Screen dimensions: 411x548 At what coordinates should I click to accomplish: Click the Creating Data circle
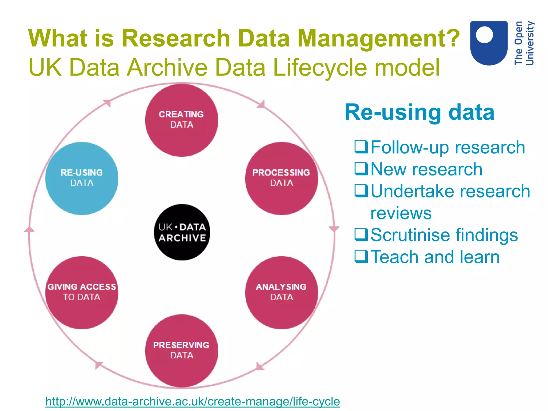point(182,120)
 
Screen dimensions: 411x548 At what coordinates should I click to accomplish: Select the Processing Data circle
point(281,178)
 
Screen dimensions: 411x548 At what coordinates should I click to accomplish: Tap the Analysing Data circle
point(281,292)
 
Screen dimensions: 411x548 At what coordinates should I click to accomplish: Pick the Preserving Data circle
point(182,351)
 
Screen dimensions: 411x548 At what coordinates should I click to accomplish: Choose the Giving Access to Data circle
point(82,292)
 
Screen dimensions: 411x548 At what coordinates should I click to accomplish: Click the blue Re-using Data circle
point(82,178)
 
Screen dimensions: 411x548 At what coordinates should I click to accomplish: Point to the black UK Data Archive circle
point(182,232)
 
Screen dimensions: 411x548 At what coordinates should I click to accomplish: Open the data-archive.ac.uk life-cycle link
point(193,401)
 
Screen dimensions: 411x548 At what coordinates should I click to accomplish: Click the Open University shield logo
point(489,43)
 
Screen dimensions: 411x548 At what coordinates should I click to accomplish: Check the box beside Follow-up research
point(361,147)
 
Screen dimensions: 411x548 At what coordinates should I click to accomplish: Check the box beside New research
point(361,169)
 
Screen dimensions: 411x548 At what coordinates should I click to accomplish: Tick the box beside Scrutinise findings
point(361,235)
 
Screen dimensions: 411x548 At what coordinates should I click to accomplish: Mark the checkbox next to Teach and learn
point(361,257)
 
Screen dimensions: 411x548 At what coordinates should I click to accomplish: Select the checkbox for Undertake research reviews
point(361,191)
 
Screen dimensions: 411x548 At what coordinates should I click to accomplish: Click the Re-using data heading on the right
point(419,112)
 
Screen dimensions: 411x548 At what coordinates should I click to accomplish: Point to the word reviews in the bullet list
point(401,213)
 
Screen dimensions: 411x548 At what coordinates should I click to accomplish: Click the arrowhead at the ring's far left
point(29,230)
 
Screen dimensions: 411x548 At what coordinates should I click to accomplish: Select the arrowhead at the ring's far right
point(334,229)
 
